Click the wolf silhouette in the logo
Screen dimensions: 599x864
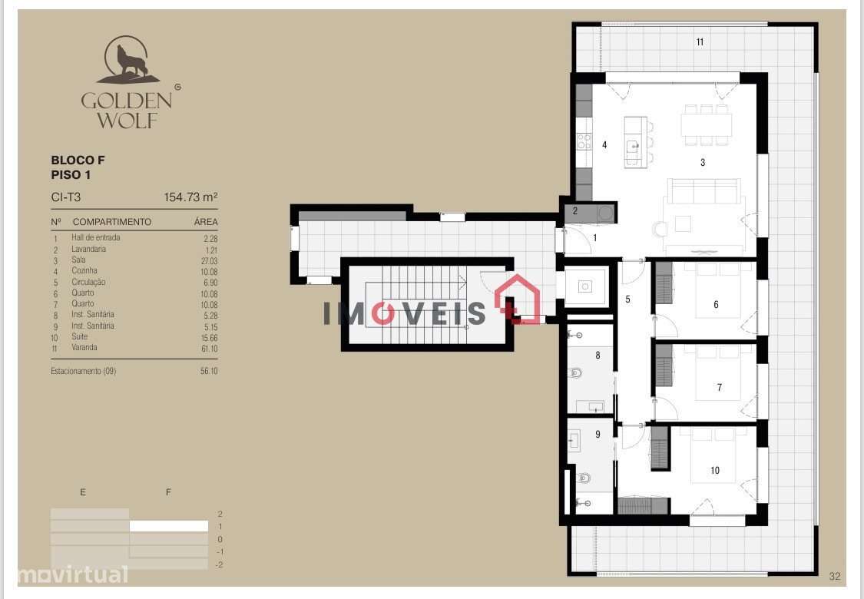[128, 61]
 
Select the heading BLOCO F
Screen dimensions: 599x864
[78, 161]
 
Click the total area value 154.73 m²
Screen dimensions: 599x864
[190, 197]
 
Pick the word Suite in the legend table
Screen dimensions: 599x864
[80, 336]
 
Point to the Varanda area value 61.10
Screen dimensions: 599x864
[207, 348]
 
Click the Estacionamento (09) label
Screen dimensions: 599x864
[84, 371]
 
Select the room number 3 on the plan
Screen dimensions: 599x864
[703, 163]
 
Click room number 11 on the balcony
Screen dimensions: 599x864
[700, 42]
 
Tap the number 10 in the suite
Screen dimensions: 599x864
[715, 471]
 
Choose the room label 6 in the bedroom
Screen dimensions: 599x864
[716, 305]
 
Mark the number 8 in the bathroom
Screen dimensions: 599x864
[598, 356]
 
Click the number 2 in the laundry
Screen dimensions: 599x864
[574, 210]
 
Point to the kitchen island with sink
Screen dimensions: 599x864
[635, 142]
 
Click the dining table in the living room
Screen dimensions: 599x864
[706, 125]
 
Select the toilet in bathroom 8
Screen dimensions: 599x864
[575, 373]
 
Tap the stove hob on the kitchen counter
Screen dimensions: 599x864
[584, 141]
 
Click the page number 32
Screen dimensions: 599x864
[835, 576]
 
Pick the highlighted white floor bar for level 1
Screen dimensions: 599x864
[168, 527]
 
